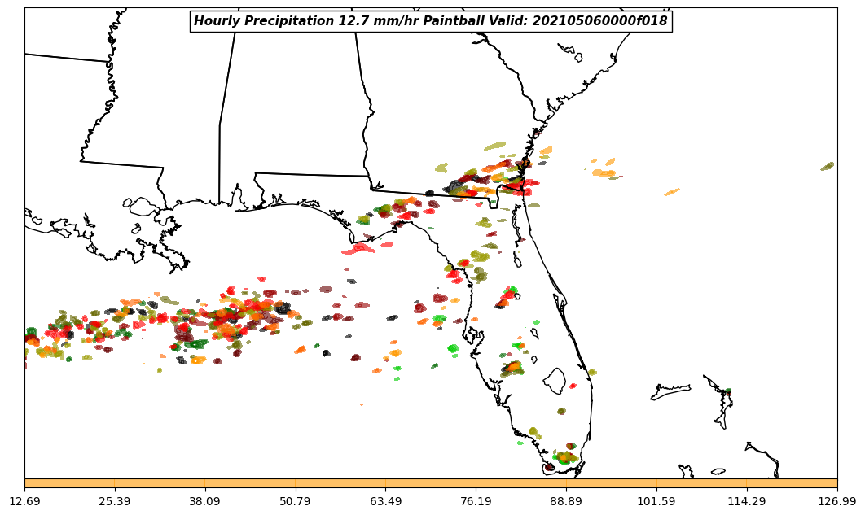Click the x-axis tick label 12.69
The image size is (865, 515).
24,501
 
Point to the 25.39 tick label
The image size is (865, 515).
115,501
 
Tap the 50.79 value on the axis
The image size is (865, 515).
296,501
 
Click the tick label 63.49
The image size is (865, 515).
386,501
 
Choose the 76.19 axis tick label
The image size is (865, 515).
476,501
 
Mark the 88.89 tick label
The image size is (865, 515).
566,501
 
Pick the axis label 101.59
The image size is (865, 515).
656,501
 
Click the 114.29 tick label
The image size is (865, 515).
747,501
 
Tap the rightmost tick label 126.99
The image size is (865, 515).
837,501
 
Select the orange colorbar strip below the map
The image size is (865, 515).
431,483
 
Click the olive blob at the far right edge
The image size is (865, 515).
828,166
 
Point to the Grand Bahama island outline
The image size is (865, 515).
670,393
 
